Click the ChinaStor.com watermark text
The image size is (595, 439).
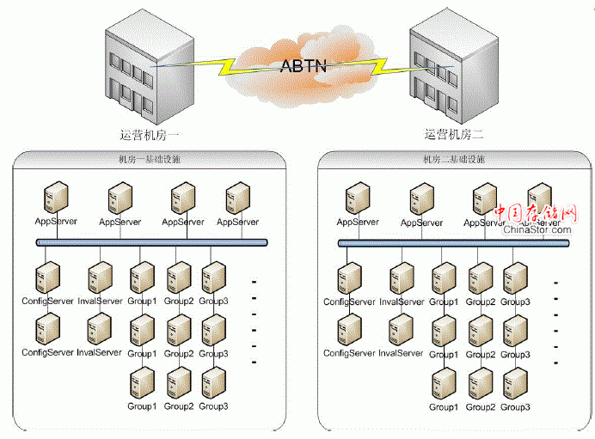point(537,229)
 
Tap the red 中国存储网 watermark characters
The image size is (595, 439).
point(536,213)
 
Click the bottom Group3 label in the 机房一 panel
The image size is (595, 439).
point(213,405)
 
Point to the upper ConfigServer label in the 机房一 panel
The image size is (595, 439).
point(47,301)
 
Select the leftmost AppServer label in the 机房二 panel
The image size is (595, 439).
point(358,222)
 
